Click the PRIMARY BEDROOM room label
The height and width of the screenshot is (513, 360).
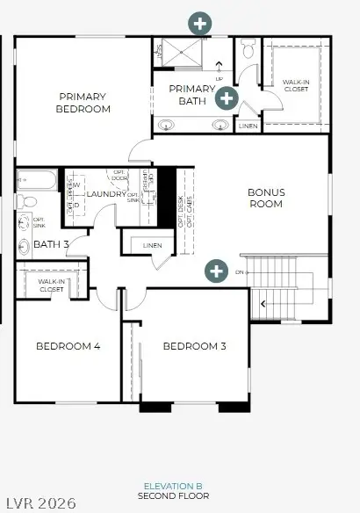pos(84,103)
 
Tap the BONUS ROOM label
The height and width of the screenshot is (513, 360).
pos(265,198)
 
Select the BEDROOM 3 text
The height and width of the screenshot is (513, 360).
pos(195,346)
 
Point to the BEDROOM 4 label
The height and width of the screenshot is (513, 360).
pos(68,346)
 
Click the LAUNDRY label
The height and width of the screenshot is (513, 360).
pos(106,193)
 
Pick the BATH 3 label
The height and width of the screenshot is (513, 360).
pos(51,244)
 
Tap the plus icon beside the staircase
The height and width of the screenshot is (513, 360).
pos(215,271)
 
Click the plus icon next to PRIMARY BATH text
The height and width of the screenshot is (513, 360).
pos(227,98)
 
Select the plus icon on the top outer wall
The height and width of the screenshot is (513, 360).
pos(200,22)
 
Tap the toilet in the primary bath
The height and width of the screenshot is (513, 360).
pos(248,50)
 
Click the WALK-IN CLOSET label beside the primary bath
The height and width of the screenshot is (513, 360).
pos(295,86)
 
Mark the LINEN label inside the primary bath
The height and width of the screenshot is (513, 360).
pos(248,126)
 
